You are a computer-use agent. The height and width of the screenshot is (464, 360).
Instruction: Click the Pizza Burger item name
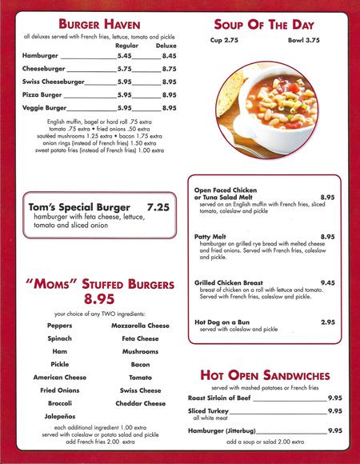[44, 94]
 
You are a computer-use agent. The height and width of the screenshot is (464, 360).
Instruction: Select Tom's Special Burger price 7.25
[160, 206]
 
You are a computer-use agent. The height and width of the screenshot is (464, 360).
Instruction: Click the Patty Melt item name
[213, 237]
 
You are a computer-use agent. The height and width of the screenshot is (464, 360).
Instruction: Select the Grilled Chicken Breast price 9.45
[327, 282]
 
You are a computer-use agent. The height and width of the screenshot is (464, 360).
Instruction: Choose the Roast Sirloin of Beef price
[334, 398]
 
